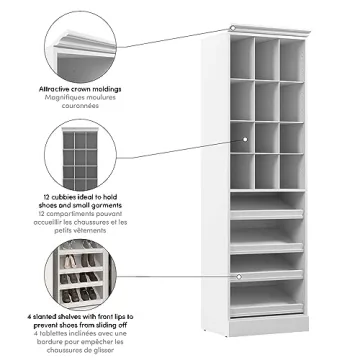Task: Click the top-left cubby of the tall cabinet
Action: point(241,52)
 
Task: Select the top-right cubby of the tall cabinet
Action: point(291,52)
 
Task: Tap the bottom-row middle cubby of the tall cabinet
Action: point(266,165)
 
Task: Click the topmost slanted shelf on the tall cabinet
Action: point(266,212)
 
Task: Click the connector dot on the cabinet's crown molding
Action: point(232,28)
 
